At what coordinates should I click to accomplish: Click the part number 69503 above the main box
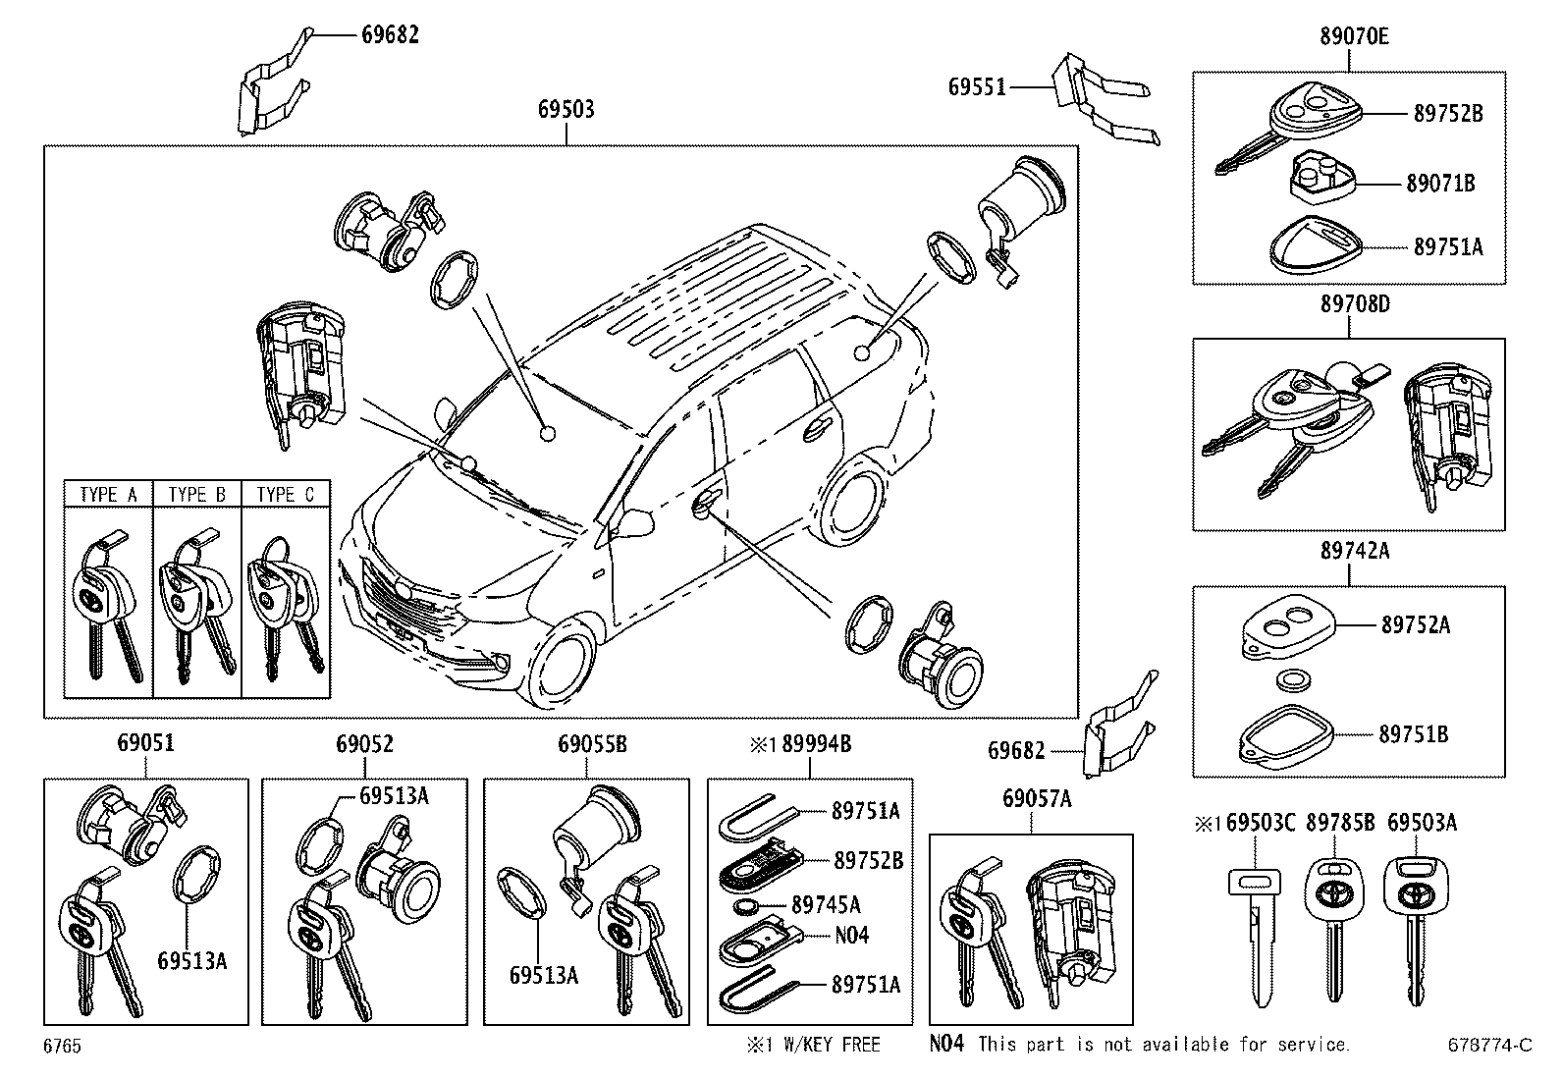click(x=566, y=109)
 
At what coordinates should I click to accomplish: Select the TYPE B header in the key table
click(x=196, y=494)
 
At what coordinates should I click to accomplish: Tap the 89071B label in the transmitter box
click(x=1441, y=183)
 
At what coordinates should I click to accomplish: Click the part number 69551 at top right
click(x=977, y=86)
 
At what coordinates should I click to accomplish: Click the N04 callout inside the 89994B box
click(x=851, y=935)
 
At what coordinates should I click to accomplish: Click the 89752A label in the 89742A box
click(x=1415, y=624)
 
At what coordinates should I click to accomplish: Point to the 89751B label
click(x=1413, y=734)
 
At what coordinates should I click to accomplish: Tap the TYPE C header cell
click(x=285, y=494)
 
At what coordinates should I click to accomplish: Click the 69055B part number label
click(x=592, y=744)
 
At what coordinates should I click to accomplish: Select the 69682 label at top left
click(x=390, y=34)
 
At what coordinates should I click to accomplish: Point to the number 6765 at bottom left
click(x=61, y=1047)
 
